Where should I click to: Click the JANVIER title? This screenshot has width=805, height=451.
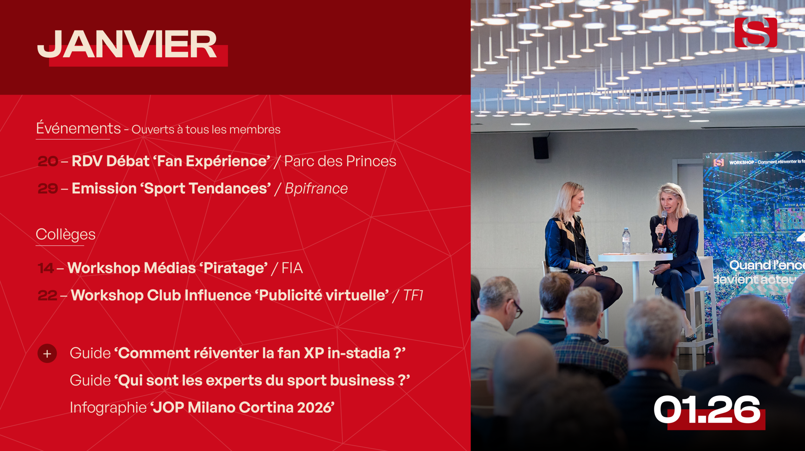coord(127,45)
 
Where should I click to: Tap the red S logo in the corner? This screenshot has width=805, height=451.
coord(756,32)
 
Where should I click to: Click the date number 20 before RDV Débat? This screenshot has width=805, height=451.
coord(48,161)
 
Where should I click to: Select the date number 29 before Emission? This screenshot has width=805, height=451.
coord(48,189)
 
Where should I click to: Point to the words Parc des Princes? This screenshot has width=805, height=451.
coord(340,161)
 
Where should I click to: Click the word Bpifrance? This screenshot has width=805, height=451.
coord(316,189)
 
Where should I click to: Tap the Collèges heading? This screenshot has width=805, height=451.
coord(65,234)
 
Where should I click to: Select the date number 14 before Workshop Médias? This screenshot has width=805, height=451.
coord(46,268)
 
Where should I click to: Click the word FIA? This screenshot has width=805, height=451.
coord(292,268)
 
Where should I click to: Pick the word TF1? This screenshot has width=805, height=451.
coord(413,295)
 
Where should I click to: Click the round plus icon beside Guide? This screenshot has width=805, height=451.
coord(47,354)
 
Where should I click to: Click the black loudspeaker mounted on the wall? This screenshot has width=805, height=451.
coord(541,148)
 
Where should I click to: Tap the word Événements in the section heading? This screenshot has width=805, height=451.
coord(78,128)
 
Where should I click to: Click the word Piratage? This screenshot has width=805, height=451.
coord(235,269)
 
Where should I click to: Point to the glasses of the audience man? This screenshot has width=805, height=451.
coord(516,309)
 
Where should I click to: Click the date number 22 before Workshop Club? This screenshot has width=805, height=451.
coord(47,296)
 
